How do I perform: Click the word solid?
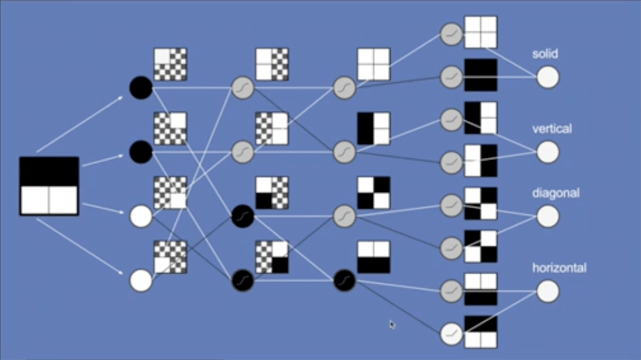click(x=545, y=54)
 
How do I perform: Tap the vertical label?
click(x=552, y=129)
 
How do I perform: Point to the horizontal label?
click(x=559, y=268)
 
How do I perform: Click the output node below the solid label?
click(x=548, y=77)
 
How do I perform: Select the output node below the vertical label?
click(x=548, y=153)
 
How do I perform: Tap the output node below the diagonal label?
click(x=548, y=217)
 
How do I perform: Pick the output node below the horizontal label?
click(x=548, y=291)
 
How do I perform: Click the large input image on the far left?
click(x=49, y=186)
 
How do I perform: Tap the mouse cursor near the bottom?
click(x=391, y=325)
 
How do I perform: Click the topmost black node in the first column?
click(x=141, y=88)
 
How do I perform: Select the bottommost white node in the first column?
click(x=141, y=280)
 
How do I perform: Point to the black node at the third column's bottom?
click(x=344, y=280)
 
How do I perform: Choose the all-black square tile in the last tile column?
click(x=480, y=75)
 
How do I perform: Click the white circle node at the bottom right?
click(x=452, y=334)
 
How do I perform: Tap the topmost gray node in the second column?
click(x=242, y=88)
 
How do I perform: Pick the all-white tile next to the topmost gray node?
click(x=480, y=32)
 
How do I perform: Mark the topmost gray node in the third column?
click(x=344, y=88)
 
